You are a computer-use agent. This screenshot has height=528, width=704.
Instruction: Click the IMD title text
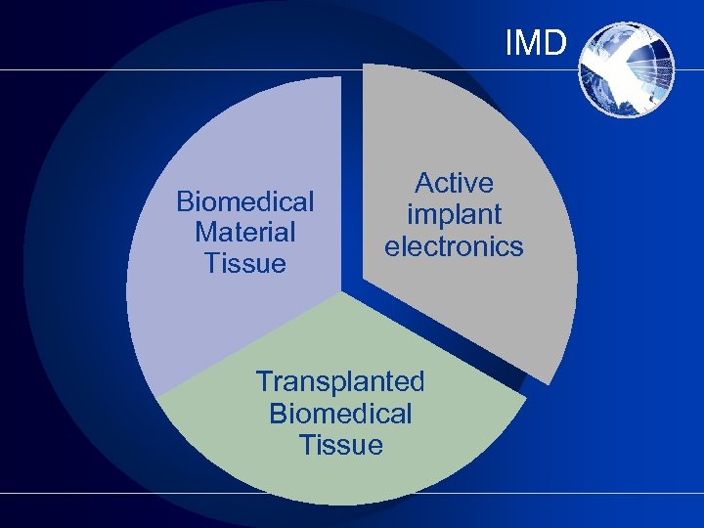(x=536, y=43)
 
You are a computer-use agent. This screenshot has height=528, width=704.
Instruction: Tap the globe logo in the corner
(x=627, y=68)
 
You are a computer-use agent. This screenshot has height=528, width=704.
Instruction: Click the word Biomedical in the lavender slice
(x=245, y=201)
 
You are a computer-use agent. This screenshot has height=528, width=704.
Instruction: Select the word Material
(x=245, y=233)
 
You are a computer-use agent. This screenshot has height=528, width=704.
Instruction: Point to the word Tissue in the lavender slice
(x=245, y=263)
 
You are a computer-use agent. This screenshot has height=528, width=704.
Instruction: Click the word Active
(x=454, y=183)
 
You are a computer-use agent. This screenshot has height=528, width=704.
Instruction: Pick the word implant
(x=454, y=214)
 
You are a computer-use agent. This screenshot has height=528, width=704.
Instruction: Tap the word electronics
(x=454, y=245)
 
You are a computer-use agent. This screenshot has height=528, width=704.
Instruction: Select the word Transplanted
(x=340, y=380)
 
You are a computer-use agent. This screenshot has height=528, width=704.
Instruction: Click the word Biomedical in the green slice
(x=340, y=413)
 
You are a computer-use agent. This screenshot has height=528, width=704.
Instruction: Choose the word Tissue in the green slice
(x=340, y=445)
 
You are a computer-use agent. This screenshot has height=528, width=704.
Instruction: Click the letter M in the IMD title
(x=530, y=43)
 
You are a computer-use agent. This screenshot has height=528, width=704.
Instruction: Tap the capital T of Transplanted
(x=264, y=380)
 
